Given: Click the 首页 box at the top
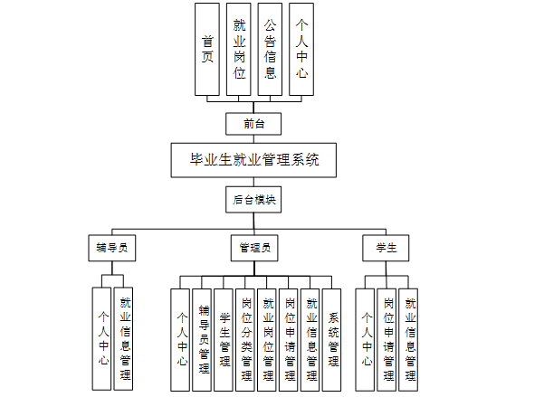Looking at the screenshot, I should tap(207, 49).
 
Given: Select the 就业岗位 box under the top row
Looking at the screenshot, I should tap(239, 49).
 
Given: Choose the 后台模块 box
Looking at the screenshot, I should tap(253, 199).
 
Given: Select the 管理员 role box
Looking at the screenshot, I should tap(253, 247).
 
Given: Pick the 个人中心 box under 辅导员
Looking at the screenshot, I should tap(102, 338).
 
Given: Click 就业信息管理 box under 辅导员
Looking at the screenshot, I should tap(125, 338).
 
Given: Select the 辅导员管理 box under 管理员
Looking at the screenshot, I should tap(204, 338).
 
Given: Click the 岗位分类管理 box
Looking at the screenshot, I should tap(246, 338).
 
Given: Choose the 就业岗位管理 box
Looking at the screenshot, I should tap(268, 338).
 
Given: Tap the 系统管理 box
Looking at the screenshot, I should tap(333, 338).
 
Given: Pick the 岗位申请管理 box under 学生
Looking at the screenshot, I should tap(387, 338).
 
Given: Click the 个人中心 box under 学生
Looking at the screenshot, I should tap(366, 338).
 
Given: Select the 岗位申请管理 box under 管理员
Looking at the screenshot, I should tap(290, 338).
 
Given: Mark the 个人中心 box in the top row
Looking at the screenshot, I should tap(301, 49).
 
